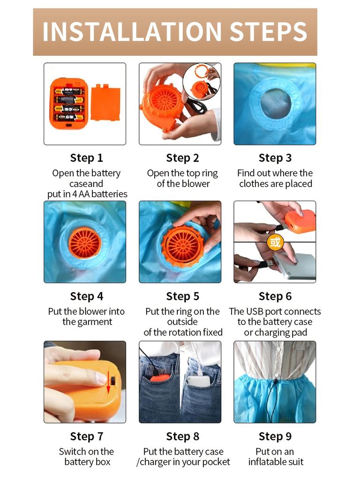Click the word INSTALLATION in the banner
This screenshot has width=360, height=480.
(132, 31)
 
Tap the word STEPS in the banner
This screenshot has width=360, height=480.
(268, 31)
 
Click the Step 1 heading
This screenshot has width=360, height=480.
(87, 158)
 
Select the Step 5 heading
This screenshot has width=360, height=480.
(183, 296)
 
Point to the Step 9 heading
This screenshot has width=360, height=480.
(275, 436)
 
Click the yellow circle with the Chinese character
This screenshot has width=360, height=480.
(275, 242)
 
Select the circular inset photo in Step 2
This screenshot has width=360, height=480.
(202, 82)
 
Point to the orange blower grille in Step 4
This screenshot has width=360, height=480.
(84, 244)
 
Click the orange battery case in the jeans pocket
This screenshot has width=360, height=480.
(160, 378)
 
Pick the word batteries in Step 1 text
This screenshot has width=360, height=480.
(109, 194)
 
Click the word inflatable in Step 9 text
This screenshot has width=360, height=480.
(266, 462)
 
